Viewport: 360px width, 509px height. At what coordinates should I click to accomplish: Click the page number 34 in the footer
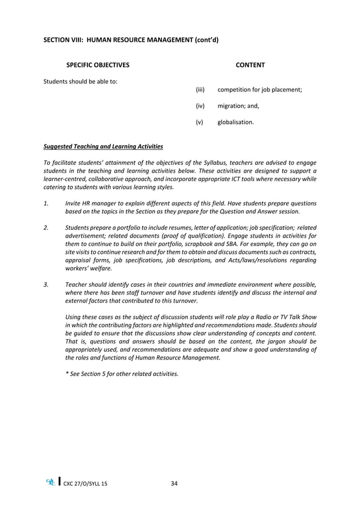[x=174, y=483]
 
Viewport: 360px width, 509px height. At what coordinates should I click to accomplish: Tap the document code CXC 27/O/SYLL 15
[x=85, y=484]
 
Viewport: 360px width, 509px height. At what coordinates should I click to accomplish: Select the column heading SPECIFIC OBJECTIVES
[x=98, y=65]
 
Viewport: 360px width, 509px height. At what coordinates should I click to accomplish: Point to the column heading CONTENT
[x=250, y=65]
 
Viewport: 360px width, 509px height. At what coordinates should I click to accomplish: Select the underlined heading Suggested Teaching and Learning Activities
[x=103, y=147]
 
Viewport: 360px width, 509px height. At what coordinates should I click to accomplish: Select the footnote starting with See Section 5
[x=122, y=374]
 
